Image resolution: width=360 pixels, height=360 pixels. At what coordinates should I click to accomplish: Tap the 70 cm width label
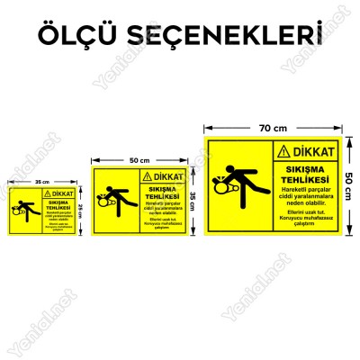(274, 130)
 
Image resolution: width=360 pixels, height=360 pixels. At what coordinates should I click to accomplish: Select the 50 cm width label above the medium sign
(139, 160)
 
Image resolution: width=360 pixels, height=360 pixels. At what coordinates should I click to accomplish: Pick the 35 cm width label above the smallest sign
(40, 183)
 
